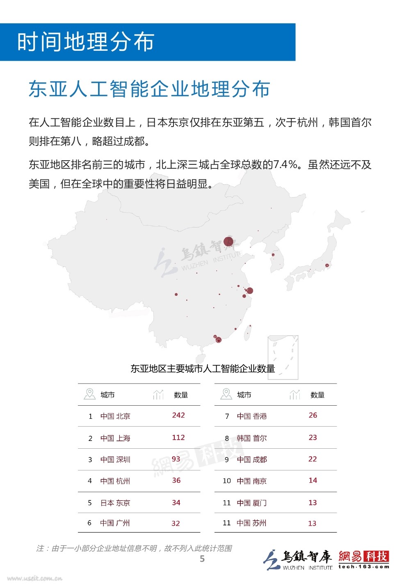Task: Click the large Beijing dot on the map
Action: click(x=228, y=242)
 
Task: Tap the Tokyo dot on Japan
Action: click(x=327, y=266)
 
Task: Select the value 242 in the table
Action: click(x=178, y=415)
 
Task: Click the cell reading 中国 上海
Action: click(x=115, y=438)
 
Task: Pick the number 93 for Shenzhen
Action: click(x=176, y=459)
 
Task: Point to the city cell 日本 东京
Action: click(x=115, y=503)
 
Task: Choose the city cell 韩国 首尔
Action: click(x=252, y=438)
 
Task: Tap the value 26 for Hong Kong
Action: click(x=313, y=415)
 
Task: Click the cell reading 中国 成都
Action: click(x=252, y=459)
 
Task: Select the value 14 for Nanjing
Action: click(x=313, y=480)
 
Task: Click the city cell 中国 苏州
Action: click(x=251, y=523)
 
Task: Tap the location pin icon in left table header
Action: click(x=89, y=394)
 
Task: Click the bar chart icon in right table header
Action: click(x=294, y=394)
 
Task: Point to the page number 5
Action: click(x=202, y=559)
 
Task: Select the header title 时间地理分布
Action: click(x=86, y=42)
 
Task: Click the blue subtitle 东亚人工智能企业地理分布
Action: click(x=149, y=89)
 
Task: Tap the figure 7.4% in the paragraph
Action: click(x=285, y=165)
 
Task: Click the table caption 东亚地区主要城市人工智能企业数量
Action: click(x=203, y=368)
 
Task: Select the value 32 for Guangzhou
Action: click(x=176, y=523)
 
